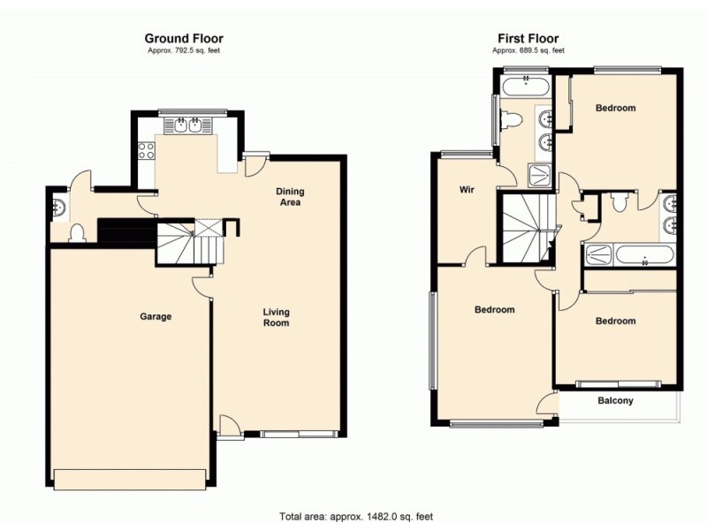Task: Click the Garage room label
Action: (x=155, y=316)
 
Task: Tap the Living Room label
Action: (x=276, y=317)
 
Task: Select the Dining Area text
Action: (x=289, y=197)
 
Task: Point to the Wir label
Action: (x=467, y=190)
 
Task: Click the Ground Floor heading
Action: (x=184, y=38)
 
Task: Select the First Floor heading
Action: (x=528, y=38)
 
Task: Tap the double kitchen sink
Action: (x=188, y=126)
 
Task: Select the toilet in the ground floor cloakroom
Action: (x=78, y=232)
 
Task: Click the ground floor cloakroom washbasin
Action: (x=58, y=208)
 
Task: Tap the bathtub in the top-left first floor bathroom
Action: (x=525, y=86)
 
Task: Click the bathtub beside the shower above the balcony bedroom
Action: (x=644, y=257)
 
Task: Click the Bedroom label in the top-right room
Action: (x=615, y=108)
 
